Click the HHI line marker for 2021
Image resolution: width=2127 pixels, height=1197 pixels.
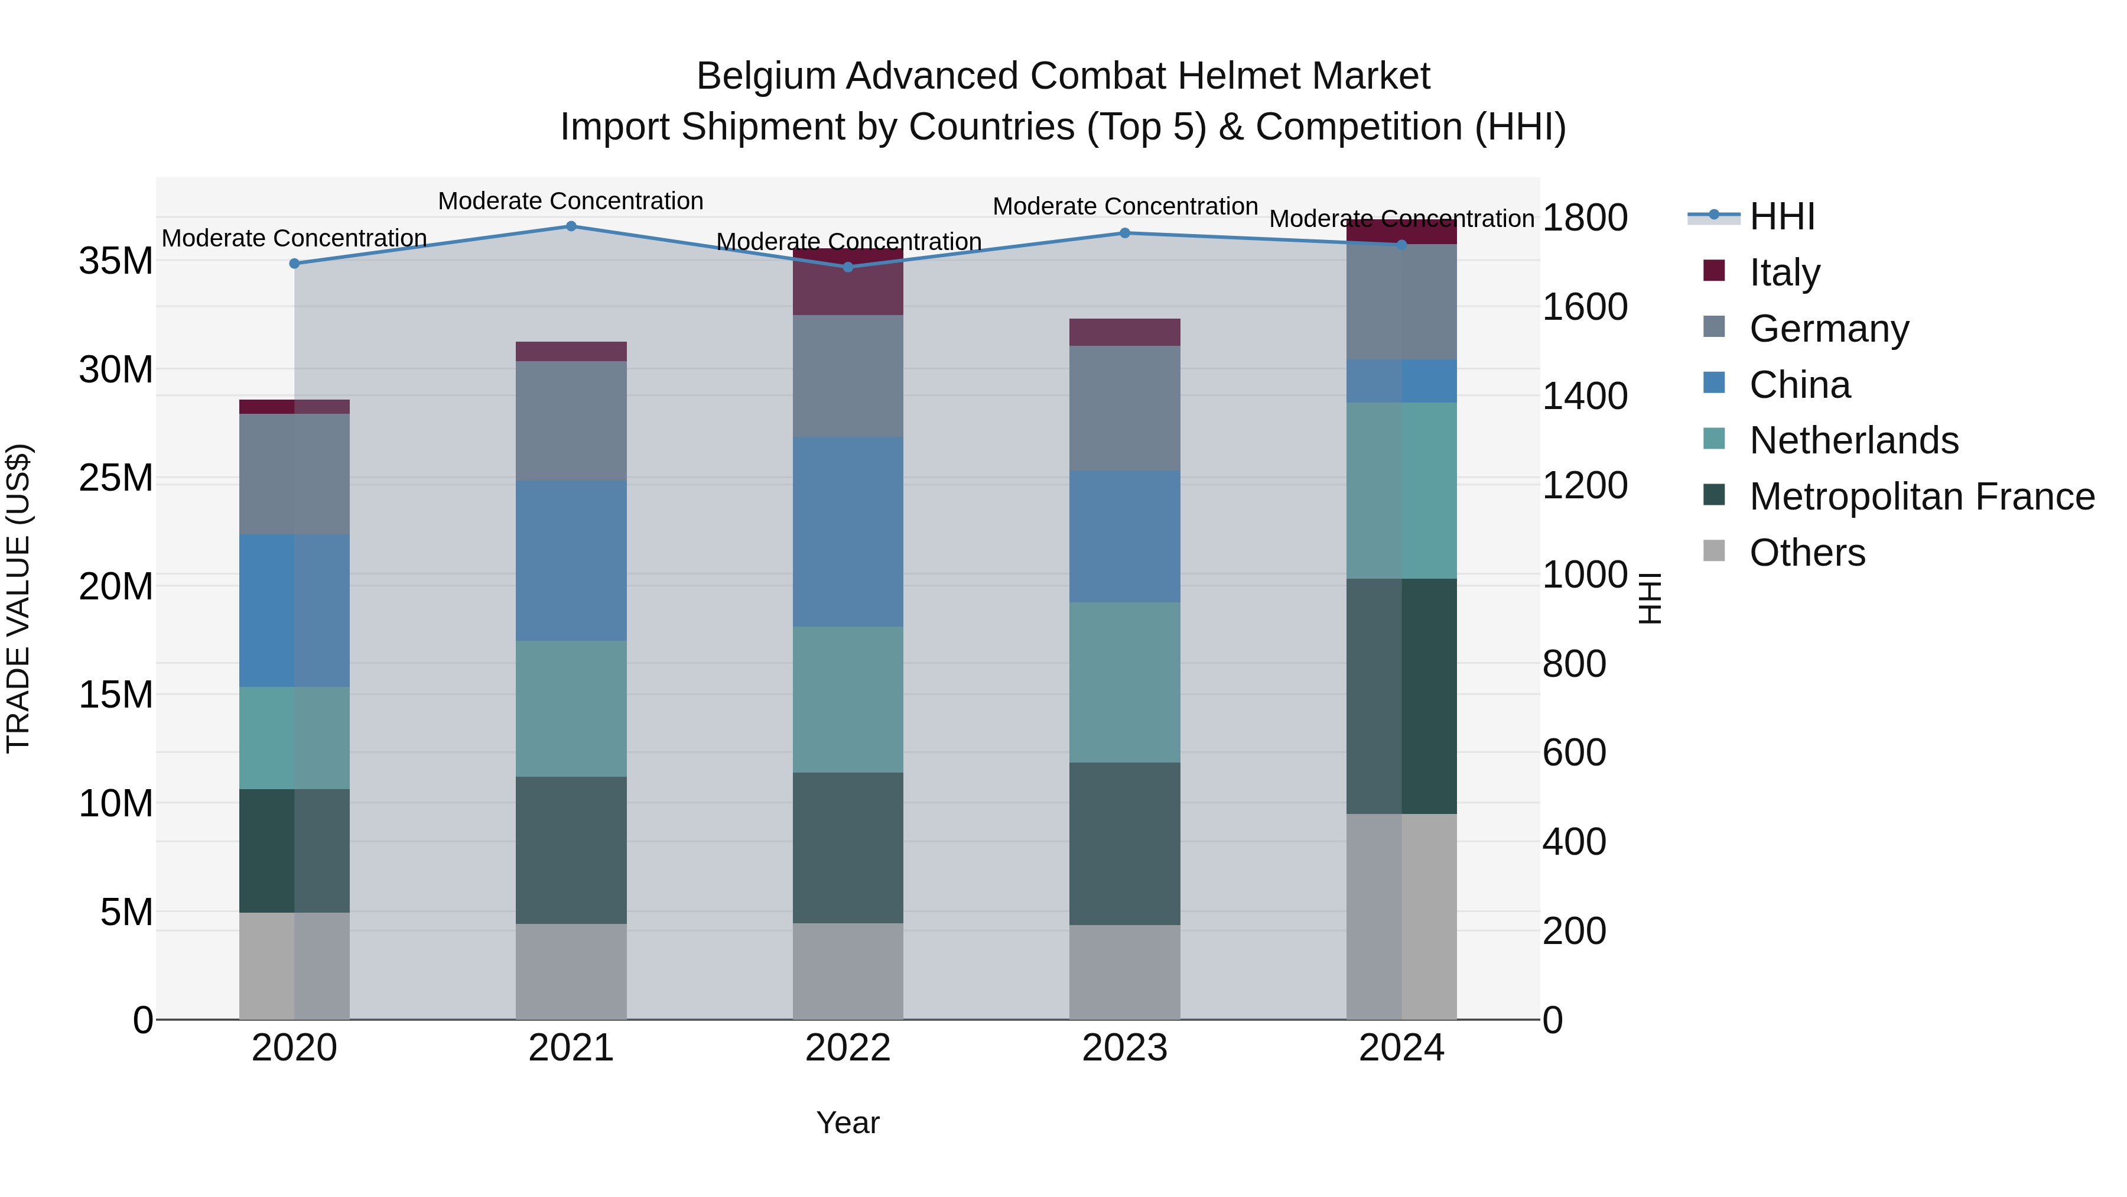(571, 226)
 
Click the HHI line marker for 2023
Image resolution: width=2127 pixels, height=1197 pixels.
(1124, 233)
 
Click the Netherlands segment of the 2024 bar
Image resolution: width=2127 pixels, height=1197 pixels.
(1401, 491)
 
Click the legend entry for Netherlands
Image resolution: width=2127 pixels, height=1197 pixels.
(1853, 440)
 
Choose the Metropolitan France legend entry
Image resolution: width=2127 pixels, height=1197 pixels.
(1921, 497)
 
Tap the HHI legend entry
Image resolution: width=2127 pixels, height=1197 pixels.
(1782, 216)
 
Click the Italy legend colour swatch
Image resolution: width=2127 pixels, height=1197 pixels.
(1714, 271)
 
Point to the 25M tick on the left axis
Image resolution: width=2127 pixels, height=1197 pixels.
(116, 478)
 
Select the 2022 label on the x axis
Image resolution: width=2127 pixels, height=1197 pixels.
(848, 1048)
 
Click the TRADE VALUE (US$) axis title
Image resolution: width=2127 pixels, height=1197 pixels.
(18, 598)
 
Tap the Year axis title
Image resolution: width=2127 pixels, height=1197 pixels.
(848, 1123)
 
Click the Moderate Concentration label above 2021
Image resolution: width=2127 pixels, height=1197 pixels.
(571, 201)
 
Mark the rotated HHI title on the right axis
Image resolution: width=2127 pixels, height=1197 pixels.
(1649, 598)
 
